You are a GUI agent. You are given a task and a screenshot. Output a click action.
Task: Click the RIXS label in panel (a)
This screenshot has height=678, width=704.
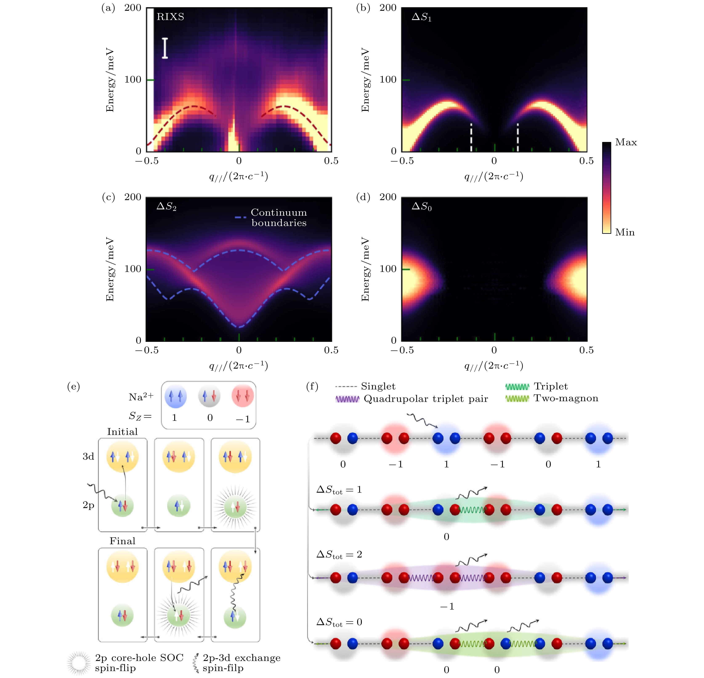click(x=170, y=17)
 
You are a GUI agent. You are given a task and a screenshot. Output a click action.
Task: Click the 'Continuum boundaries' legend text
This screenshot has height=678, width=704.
click(x=279, y=218)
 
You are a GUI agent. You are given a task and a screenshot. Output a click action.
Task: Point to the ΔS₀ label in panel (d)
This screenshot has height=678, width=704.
click(x=421, y=206)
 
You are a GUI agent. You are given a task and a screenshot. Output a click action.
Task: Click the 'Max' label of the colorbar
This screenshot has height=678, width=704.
click(x=626, y=142)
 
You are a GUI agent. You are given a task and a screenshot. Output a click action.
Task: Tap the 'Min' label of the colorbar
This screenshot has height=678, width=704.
click(x=625, y=232)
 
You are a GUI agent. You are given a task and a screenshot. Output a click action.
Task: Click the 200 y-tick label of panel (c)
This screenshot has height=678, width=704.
click(x=133, y=197)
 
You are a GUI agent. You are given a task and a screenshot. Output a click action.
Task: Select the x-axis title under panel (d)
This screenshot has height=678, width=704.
click(x=494, y=366)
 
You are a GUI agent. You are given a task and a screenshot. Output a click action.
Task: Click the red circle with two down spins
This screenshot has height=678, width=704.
click(x=243, y=396)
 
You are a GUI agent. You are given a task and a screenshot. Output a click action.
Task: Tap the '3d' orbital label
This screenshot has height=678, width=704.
click(x=88, y=457)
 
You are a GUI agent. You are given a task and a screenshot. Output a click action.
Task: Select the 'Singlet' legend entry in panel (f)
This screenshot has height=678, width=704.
click(x=378, y=386)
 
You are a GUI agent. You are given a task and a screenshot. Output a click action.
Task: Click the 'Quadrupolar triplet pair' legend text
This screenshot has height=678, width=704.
click(x=426, y=399)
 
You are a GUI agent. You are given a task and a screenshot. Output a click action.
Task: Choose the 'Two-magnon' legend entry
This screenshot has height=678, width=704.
click(x=566, y=398)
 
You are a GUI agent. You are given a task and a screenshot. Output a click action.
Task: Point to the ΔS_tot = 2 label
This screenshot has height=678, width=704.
click(x=339, y=555)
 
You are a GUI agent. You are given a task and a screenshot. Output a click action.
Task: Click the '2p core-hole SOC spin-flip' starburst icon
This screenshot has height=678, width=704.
click(x=79, y=663)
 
